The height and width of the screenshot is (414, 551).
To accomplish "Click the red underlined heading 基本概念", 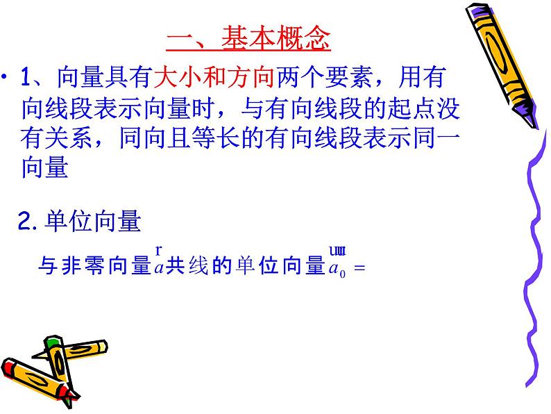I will (248, 39).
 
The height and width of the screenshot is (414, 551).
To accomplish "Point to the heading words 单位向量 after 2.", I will (92, 222).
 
